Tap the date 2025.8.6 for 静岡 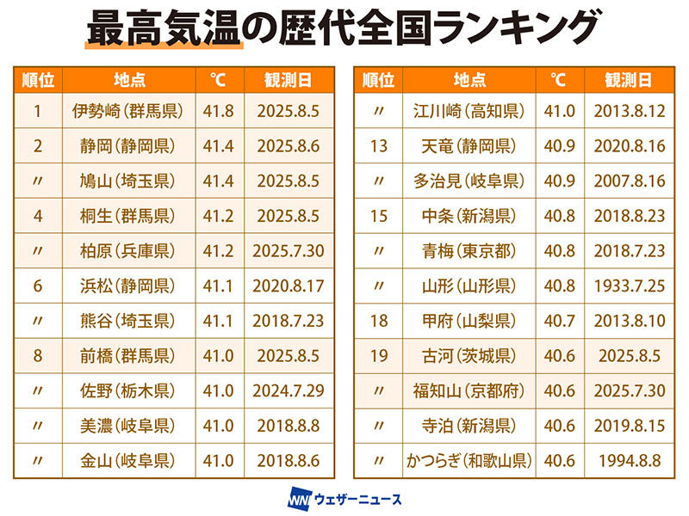pos(289,146)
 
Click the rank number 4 pos(38,216)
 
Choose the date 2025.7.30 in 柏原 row pos(289,251)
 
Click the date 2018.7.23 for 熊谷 pos(289,321)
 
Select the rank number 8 pos(38,356)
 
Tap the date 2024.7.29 pos(289,391)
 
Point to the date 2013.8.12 pos(629,111)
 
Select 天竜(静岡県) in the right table pos(469,146)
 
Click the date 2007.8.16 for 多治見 pos(629,181)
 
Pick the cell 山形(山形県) pos(469,286)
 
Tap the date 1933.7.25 pos(629,286)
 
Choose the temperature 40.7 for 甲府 pos(559,321)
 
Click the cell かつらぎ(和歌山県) pos(469,461)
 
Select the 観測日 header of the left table pos(289,81)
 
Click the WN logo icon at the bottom pos(298,498)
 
